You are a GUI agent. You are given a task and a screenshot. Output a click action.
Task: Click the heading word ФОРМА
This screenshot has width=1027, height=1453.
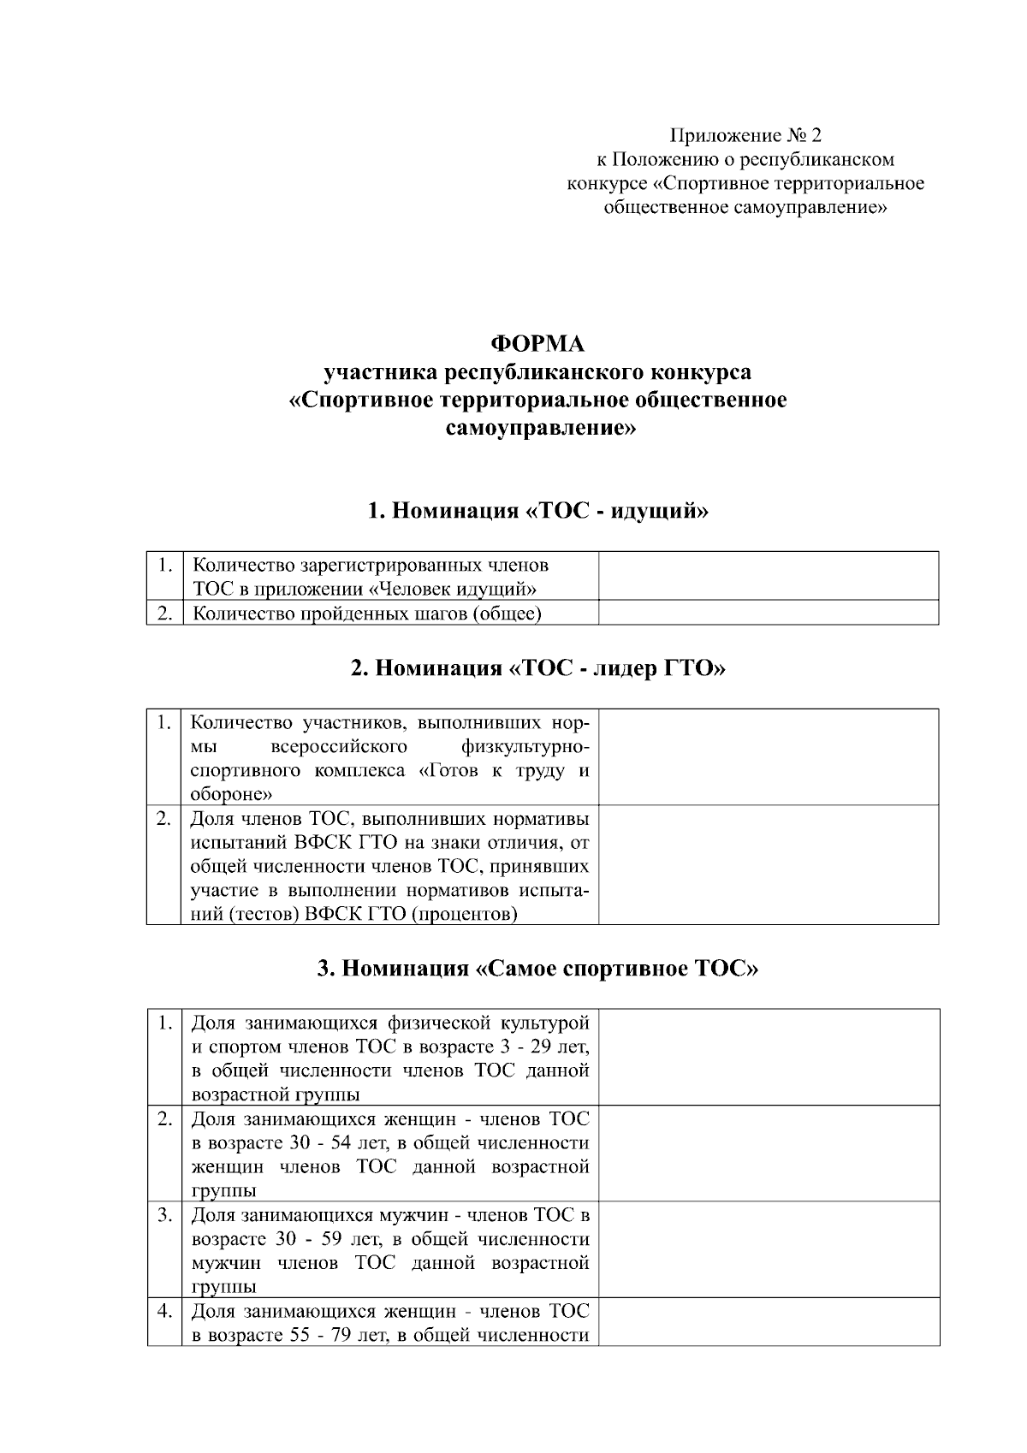(537, 344)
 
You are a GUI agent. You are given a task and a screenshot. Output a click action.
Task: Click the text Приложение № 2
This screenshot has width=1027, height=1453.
(745, 135)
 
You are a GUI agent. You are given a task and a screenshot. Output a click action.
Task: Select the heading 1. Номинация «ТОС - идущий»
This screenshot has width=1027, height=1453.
(537, 511)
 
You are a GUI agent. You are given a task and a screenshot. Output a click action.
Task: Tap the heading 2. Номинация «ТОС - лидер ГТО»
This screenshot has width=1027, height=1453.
(537, 667)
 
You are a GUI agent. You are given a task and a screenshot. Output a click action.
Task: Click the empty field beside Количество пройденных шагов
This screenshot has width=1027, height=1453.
(768, 613)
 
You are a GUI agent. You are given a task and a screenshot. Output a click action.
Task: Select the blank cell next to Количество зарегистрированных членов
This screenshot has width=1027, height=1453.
(768, 576)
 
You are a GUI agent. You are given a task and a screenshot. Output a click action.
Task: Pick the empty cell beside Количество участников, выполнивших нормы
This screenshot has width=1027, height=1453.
(768, 756)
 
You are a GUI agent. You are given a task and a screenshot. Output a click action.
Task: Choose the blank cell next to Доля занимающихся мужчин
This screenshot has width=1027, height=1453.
(768, 1249)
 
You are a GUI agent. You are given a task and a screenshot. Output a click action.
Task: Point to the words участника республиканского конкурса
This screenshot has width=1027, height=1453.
(537, 372)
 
